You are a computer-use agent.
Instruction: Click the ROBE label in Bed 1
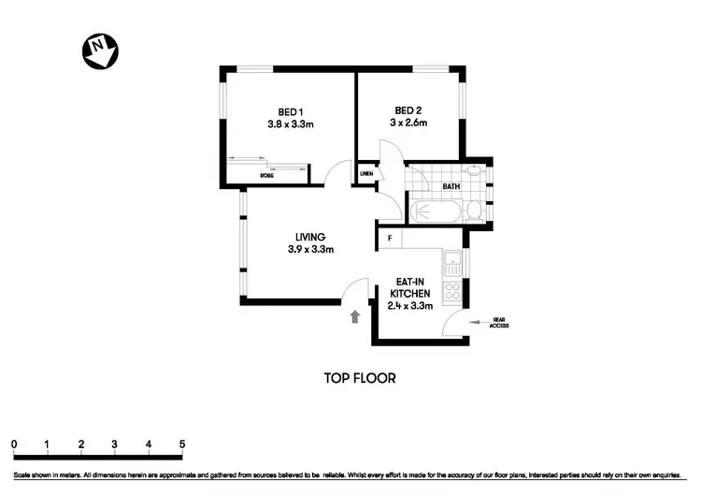(266, 175)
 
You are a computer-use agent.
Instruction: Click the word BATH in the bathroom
(451, 186)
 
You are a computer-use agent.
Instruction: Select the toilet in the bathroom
(476, 211)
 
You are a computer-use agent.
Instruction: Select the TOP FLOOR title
(360, 378)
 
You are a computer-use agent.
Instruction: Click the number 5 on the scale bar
(182, 444)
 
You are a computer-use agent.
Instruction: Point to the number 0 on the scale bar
(14, 444)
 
